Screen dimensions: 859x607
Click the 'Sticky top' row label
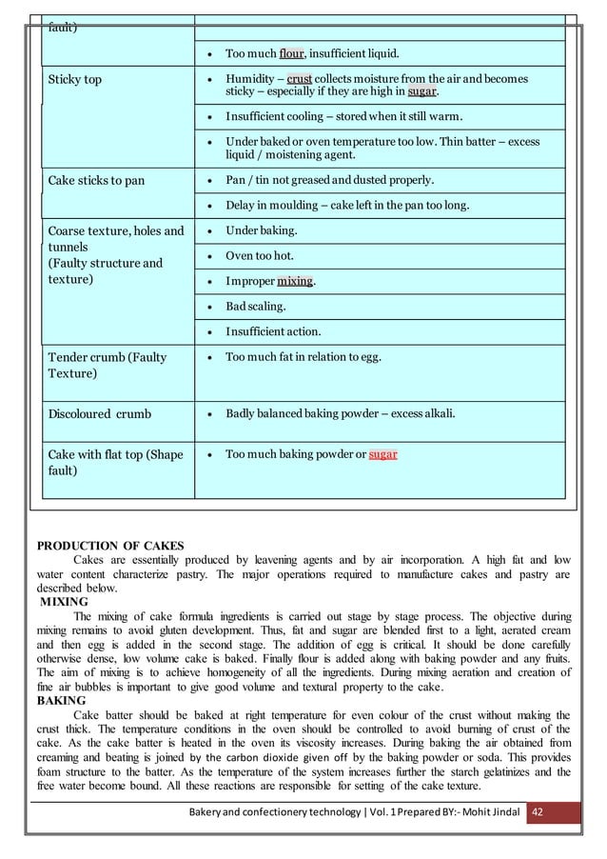coord(75,79)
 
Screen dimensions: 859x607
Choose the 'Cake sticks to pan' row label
coord(97,180)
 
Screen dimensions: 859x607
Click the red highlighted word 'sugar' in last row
coord(382,454)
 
